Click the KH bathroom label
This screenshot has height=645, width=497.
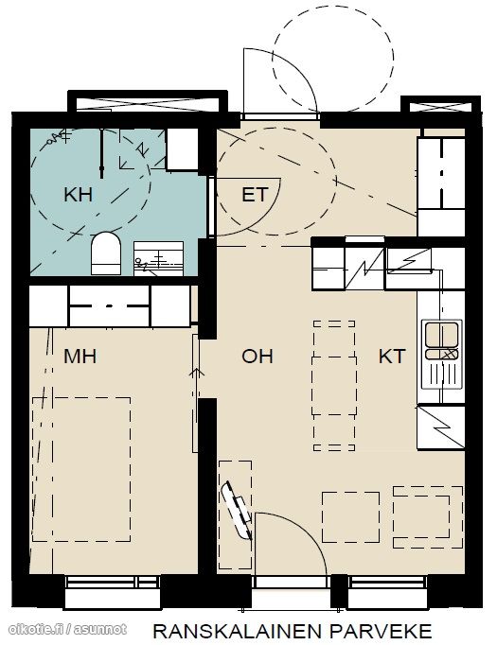point(78,194)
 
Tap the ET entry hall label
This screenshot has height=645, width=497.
point(255,194)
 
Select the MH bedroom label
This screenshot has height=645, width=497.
point(80,356)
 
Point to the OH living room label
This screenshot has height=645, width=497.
point(257,356)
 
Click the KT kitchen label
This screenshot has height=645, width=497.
point(392,356)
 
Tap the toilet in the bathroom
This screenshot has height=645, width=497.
point(106,253)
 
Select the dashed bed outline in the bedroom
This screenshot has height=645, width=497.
point(81,469)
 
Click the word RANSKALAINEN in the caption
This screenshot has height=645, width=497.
point(237,632)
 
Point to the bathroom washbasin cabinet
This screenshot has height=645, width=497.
point(158,258)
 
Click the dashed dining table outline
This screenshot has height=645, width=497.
point(334,386)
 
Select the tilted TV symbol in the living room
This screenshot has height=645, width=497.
point(236,511)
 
